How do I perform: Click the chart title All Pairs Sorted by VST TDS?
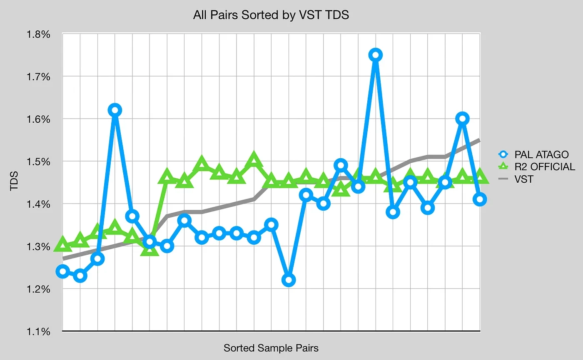coord(271,15)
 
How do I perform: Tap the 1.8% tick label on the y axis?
coord(39,34)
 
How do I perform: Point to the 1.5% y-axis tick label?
coord(39,161)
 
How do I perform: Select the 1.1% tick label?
coord(39,332)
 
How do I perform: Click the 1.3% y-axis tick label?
coord(39,246)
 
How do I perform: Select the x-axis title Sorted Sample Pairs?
coord(271,348)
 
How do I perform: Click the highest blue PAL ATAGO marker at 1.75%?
coord(376,55)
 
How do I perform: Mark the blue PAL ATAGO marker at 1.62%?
coord(115,110)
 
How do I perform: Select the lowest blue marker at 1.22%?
coord(289,280)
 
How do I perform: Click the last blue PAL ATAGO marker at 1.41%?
coord(480,199)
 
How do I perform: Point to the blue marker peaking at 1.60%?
coord(462,119)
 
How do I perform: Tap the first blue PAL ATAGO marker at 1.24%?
coord(63,272)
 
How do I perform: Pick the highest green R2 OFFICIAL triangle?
coord(254,160)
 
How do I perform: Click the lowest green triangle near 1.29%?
coord(150,249)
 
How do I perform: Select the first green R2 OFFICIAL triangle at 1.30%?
coord(63,244)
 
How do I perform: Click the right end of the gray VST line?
coord(480,140)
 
